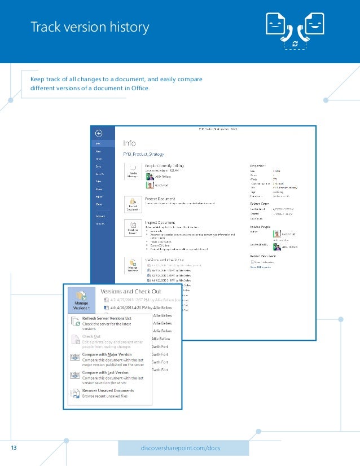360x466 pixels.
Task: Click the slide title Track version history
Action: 90,27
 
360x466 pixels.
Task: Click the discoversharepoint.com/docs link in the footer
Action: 183,448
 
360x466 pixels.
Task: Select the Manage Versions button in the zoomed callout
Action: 81,301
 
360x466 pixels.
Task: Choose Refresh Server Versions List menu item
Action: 107,319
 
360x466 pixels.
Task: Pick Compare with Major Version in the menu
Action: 107,354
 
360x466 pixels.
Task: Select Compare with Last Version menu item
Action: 106,372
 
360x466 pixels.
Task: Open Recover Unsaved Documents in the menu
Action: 108,390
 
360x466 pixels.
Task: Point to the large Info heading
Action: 129,143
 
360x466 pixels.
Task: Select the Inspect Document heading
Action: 160,222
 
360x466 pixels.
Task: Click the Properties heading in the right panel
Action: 258,165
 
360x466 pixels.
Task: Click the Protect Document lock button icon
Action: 133,203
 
